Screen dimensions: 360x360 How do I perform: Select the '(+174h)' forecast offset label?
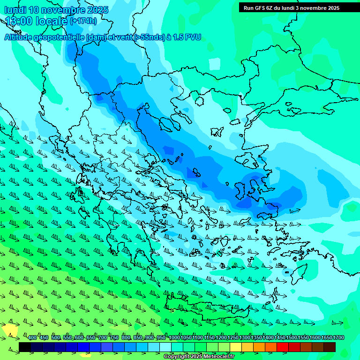pyautogui.click(x=83, y=21)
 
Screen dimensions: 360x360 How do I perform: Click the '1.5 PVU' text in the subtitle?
pyautogui.click(x=187, y=37)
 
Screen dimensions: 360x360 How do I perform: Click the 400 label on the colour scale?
pyautogui.click(x=32, y=338)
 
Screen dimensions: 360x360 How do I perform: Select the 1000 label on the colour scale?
pyautogui.click(x=174, y=338)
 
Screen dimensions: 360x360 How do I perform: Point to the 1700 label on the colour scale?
pyautogui.click(x=338, y=338)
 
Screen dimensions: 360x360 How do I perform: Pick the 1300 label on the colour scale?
pyautogui.click(x=245, y=338)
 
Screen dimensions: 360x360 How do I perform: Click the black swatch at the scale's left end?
pyautogui.click(x=25, y=347)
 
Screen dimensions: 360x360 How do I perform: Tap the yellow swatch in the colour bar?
pyautogui.click(x=236, y=347)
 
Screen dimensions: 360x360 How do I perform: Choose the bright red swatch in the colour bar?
pyautogui.click(x=283, y=347)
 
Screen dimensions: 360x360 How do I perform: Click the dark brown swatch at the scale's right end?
pyautogui.click(x=330, y=347)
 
